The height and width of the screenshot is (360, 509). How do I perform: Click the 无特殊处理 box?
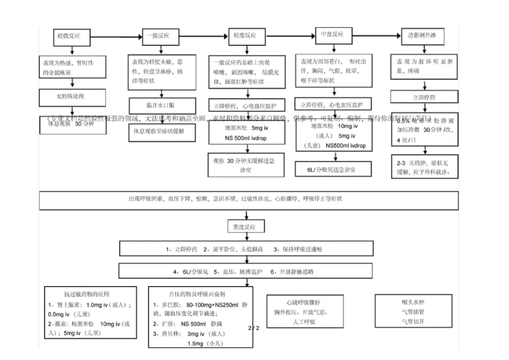click(71, 96)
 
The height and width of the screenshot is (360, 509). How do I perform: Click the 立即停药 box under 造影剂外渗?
click(423, 97)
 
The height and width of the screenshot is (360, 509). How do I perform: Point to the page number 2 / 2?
click(254, 327)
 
